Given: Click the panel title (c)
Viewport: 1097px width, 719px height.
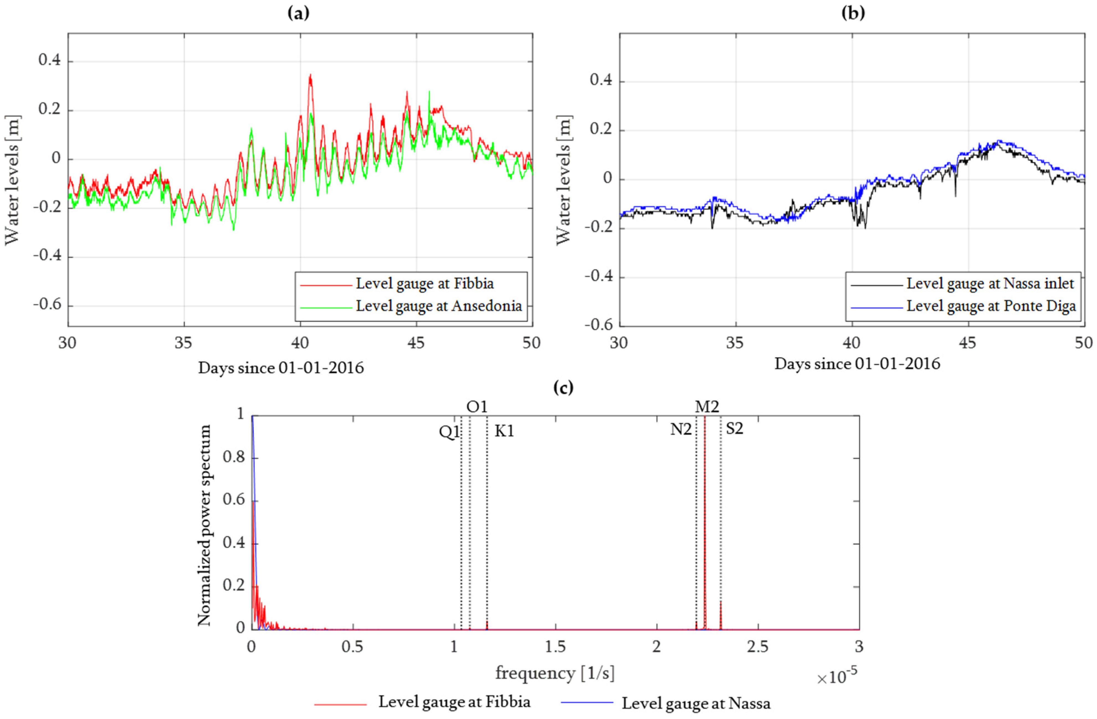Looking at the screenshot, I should coord(563,388).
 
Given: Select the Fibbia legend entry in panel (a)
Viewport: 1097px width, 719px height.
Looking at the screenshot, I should coord(424,284).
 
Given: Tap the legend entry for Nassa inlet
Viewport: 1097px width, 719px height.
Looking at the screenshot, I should coord(990,284).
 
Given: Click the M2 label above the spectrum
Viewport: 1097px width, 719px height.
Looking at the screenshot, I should coord(706,407).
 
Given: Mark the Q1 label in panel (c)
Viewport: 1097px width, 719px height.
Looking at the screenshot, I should coord(449,432).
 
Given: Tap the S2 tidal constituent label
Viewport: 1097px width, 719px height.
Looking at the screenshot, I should coord(734,429).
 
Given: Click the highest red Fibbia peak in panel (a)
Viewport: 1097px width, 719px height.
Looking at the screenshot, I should coord(310,75).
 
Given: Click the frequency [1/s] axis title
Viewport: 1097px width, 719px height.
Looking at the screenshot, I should coord(555,673).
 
